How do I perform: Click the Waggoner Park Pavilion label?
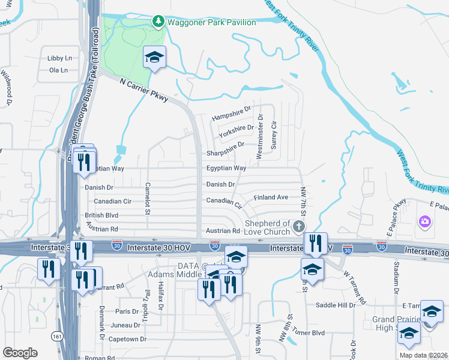(212, 23)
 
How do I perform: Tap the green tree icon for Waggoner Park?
(158, 22)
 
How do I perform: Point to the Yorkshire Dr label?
(237, 129)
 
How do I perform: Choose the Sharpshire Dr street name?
(226, 145)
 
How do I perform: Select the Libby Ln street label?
(59, 58)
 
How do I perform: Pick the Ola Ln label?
(58, 70)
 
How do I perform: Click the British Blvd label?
(101, 215)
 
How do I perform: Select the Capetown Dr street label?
(127, 339)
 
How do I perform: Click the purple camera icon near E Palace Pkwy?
(425, 223)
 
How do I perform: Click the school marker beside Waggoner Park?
(154, 58)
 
